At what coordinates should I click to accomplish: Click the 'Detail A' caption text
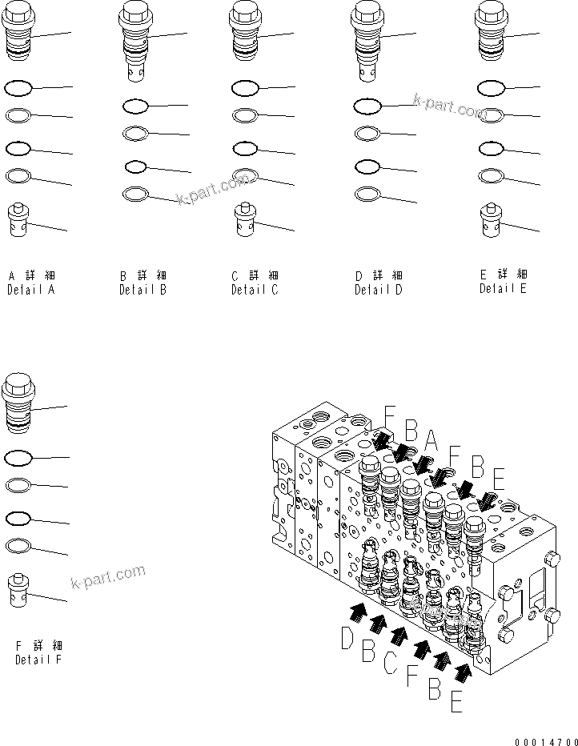(30, 291)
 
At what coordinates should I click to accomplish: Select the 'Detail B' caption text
(142, 291)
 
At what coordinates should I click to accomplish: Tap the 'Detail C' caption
(255, 290)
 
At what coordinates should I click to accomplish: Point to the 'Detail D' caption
(379, 291)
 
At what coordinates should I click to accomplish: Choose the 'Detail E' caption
(503, 289)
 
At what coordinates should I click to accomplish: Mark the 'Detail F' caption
(38, 660)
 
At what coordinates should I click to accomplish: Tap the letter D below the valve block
(347, 638)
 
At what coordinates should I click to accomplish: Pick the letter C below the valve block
(390, 662)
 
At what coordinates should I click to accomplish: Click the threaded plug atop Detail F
(18, 397)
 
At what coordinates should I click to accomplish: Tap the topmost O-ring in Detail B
(135, 106)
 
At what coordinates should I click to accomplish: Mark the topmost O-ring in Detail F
(18, 459)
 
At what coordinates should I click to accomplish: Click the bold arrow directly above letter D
(358, 612)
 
